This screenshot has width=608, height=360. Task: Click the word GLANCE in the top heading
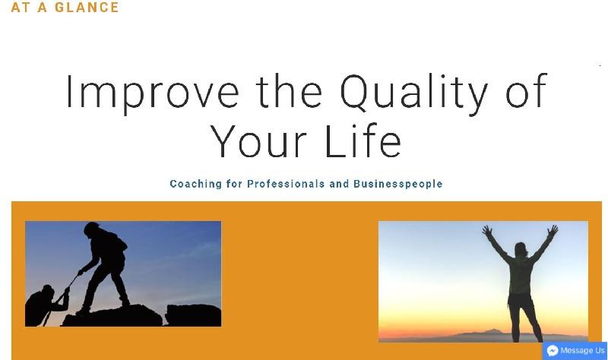(x=87, y=7)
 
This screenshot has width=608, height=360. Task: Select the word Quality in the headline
(x=413, y=93)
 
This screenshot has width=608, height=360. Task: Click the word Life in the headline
(x=364, y=141)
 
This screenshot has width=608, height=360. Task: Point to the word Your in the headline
(x=258, y=141)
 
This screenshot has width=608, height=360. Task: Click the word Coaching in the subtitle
(x=196, y=184)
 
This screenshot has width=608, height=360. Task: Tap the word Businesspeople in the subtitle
(x=397, y=184)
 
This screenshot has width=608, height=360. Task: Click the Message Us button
(x=575, y=351)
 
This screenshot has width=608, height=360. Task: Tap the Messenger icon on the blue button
(x=553, y=351)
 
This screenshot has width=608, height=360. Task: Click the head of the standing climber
(x=92, y=229)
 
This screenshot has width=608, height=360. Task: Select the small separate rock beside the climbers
(x=193, y=314)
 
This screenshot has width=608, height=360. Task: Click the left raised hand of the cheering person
(x=487, y=231)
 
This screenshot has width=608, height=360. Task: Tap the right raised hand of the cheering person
(x=553, y=230)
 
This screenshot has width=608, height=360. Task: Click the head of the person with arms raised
(x=521, y=250)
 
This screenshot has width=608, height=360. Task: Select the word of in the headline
(x=527, y=90)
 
